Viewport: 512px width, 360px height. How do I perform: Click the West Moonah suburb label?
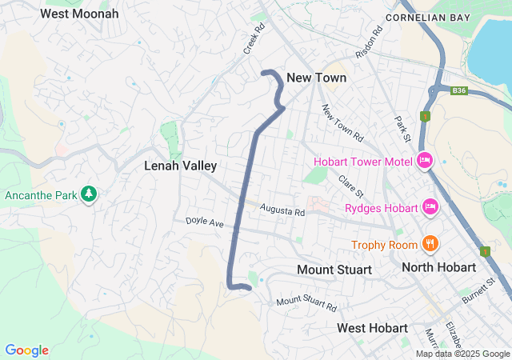pyautogui.click(x=79, y=14)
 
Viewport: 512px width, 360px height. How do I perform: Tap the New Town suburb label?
pyautogui.click(x=317, y=78)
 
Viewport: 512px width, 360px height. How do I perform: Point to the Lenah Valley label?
pyautogui.click(x=181, y=166)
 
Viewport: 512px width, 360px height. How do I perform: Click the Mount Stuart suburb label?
pyautogui.click(x=334, y=270)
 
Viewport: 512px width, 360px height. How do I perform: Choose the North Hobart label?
pyautogui.click(x=444, y=266)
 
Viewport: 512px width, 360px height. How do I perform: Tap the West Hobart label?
pyautogui.click(x=373, y=328)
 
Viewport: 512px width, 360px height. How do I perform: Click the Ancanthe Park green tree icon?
pyautogui.click(x=89, y=194)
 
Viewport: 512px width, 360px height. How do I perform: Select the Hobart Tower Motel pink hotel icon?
pyautogui.click(x=425, y=161)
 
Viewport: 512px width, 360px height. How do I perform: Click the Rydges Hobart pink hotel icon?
pyautogui.click(x=430, y=208)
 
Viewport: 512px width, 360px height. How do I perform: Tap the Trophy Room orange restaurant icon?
pyautogui.click(x=430, y=243)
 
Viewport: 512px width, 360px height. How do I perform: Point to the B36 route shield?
pyautogui.click(x=458, y=91)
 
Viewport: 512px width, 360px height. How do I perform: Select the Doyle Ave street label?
pyautogui.click(x=205, y=221)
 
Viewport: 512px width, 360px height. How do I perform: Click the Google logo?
pyautogui.click(x=26, y=350)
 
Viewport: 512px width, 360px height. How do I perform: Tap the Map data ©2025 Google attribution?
pyautogui.click(x=462, y=354)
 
